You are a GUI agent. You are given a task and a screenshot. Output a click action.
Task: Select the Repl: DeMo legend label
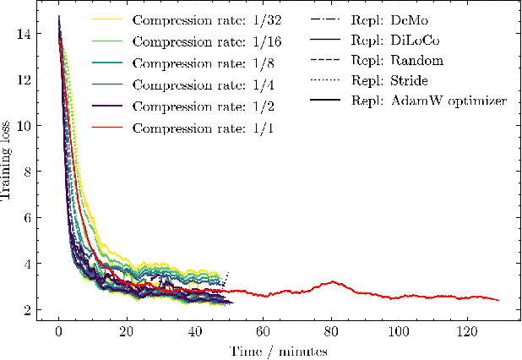point(390,18)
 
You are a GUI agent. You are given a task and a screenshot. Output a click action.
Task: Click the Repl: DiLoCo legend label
point(394,40)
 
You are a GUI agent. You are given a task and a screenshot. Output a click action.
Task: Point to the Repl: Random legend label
point(395,61)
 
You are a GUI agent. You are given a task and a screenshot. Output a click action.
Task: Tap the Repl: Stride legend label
point(391,82)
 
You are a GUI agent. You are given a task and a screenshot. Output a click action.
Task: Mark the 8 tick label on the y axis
point(29,172)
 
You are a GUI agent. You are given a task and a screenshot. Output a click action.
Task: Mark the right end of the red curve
point(499,300)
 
